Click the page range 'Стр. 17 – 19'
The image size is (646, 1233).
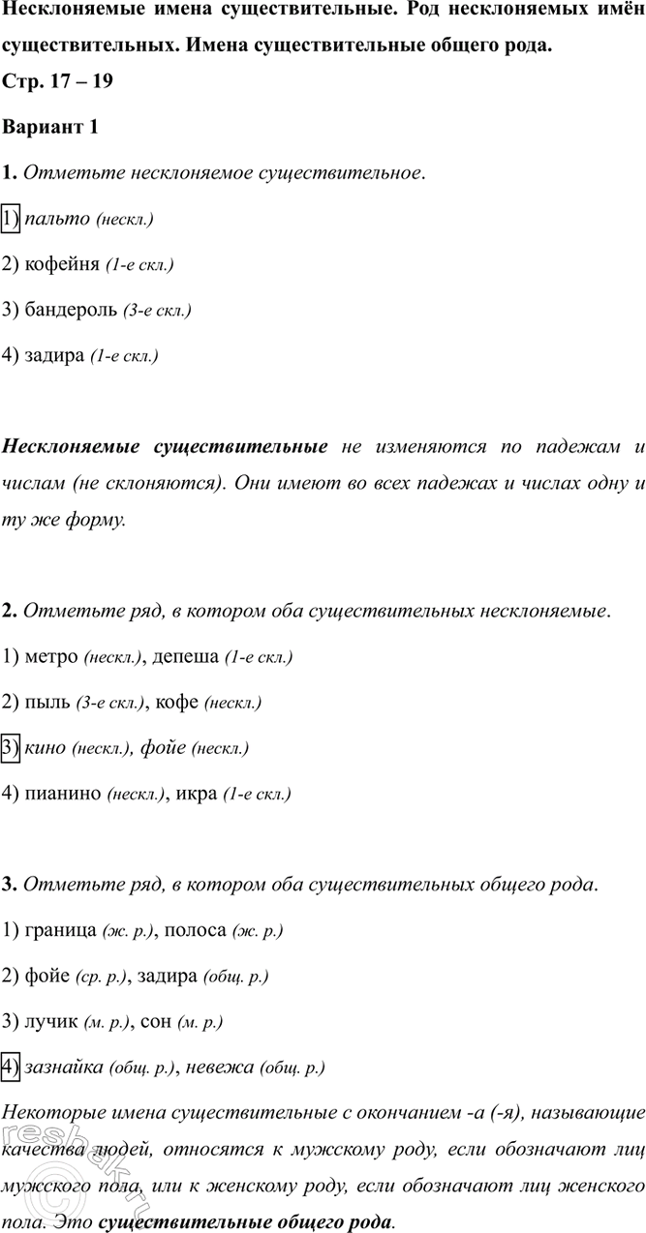click(x=58, y=81)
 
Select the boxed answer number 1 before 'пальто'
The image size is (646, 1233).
click(x=12, y=218)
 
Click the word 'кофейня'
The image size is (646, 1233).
click(x=60, y=264)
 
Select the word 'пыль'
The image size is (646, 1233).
click(x=46, y=703)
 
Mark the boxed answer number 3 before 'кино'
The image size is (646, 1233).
click(x=12, y=748)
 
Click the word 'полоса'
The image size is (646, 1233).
click(x=197, y=931)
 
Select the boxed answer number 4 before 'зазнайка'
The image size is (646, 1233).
click(x=12, y=1068)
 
